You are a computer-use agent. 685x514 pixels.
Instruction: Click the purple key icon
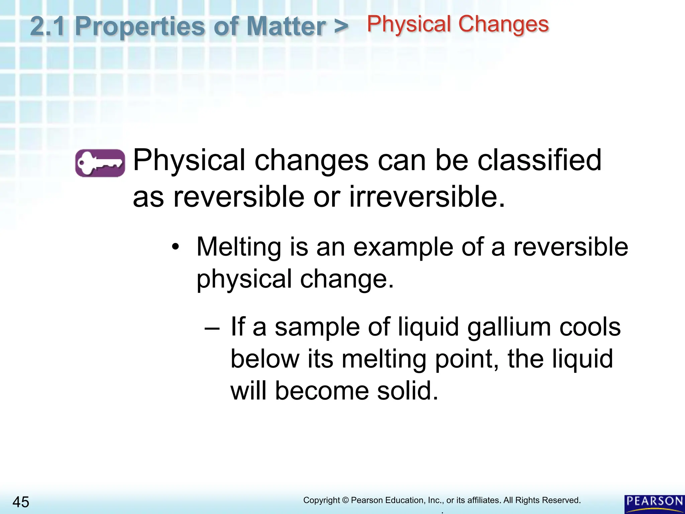tap(100, 163)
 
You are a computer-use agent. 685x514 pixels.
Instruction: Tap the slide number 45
tap(21, 502)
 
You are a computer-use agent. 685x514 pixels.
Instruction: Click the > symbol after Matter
tap(341, 26)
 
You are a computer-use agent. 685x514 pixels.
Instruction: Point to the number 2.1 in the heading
tap(47, 26)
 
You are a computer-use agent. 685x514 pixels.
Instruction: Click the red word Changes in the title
tap(503, 24)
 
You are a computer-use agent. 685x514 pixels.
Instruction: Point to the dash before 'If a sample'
tap(212, 328)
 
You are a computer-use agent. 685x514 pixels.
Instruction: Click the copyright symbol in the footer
tap(346, 500)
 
